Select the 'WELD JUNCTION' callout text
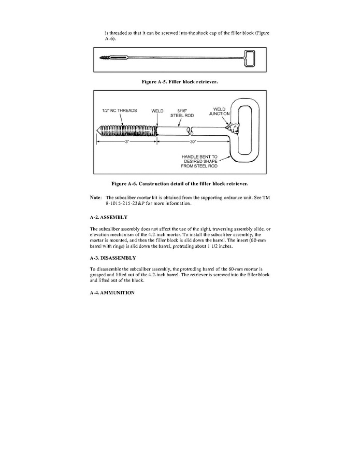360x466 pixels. (219, 111)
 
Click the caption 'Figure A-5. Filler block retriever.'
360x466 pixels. (180, 82)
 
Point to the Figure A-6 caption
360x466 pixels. (180, 183)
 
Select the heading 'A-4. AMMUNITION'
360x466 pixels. (112, 293)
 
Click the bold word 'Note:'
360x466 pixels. (95, 197)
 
